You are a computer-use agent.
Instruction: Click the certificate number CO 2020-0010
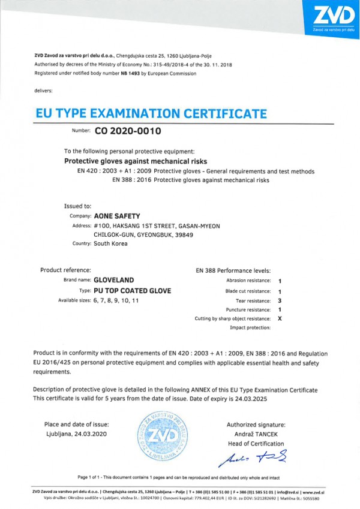pyautogui.click(x=128, y=130)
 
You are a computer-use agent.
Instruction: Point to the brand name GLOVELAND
pyautogui.click(x=114, y=280)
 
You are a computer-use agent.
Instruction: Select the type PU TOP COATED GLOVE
pyautogui.click(x=133, y=290)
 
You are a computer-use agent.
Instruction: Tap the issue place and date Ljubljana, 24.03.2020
pyautogui.click(x=79, y=434)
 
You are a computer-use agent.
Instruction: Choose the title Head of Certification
pyautogui.click(x=256, y=444)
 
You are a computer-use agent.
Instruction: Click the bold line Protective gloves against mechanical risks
pyautogui.click(x=135, y=161)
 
